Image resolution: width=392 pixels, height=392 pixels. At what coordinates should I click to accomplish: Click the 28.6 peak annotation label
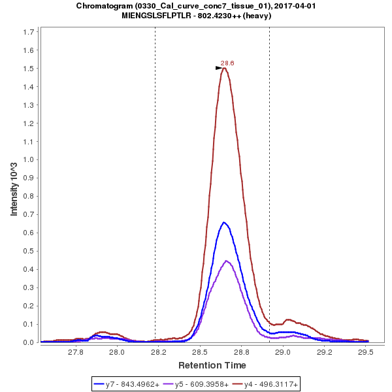pos(227,63)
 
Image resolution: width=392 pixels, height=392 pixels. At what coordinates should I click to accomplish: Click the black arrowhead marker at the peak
pos(220,68)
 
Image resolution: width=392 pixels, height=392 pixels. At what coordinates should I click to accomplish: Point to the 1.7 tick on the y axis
pos(30,32)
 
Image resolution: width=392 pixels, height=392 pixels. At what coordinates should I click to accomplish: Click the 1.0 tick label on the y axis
pos(30,159)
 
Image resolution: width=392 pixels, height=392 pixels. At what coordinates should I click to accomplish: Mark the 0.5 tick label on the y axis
pos(30,251)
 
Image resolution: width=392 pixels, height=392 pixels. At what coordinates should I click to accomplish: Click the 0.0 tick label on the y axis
pos(30,342)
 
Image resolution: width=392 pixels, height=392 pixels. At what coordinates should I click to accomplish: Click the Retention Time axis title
pos(212,365)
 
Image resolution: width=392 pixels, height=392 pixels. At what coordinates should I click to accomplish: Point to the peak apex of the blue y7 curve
pos(224,222)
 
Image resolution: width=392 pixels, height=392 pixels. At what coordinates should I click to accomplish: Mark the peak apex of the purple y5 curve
pos(227,261)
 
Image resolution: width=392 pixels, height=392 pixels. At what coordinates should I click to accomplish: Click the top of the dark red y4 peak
pos(224,68)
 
